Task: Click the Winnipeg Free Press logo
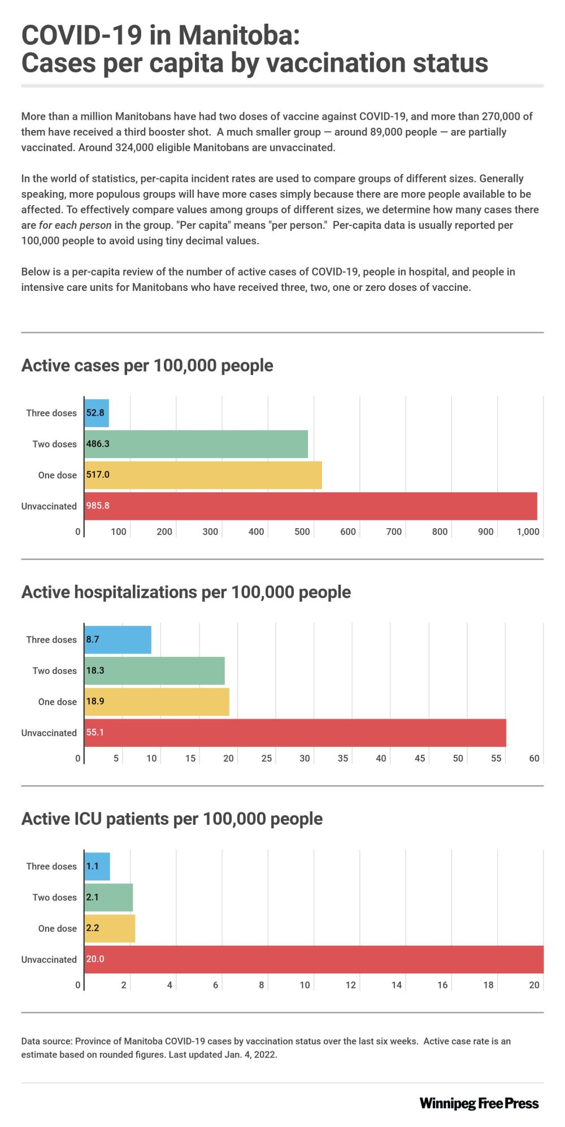coord(479,1103)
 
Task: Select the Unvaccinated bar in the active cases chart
coord(310,506)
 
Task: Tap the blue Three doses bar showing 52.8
coord(97,413)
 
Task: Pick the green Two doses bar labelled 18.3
coord(154,671)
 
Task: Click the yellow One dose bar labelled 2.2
coord(110,928)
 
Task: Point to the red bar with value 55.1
coord(295,733)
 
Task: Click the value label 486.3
coord(98,444)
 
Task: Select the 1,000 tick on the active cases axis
coord(528,532)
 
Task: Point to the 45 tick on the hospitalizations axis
coord(419,758)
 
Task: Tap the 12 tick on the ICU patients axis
coord(350,985)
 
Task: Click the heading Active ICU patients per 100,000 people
coord(172,819)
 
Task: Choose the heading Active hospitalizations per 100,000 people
coord(186,592)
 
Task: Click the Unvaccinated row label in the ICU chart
coord(49,959)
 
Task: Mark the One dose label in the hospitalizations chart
coord(57,702)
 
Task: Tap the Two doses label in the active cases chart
coord(54,444)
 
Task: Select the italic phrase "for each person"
coord(75,225)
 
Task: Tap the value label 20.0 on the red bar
coord(95,959)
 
